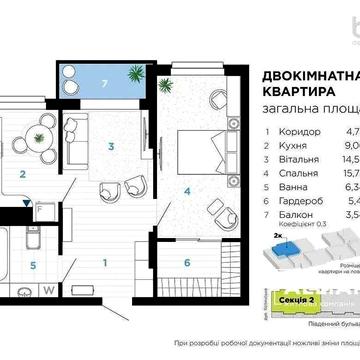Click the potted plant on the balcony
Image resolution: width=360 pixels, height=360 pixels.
coord(133,73)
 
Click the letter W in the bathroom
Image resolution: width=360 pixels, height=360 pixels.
coord(47,318)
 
